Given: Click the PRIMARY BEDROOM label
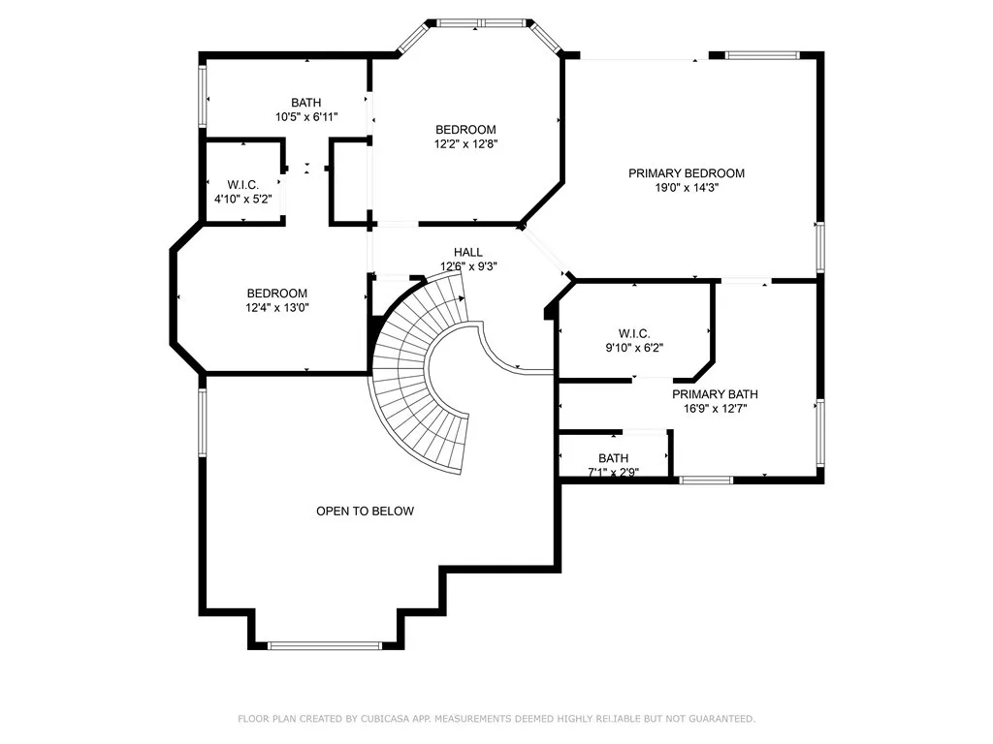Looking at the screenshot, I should (686, 173).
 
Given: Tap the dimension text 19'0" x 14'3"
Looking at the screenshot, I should (686, 188).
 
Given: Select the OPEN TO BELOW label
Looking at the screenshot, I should (365, 511).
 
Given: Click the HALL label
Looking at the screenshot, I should (468, 252).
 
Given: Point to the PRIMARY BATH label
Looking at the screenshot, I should (715, 394).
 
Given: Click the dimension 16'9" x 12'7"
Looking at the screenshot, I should (715, 409).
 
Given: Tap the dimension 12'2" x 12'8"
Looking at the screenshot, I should (465, 144).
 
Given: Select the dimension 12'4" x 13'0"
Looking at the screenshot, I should (276, 308).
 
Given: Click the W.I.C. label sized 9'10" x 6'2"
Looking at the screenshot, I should (633, 333).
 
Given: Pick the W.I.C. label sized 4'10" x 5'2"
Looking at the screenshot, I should (242, 184).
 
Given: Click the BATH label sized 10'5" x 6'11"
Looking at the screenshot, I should (305, 103).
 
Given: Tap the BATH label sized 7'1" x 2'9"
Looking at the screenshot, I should (613, 458).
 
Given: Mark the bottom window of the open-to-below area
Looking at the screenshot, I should (325, 644).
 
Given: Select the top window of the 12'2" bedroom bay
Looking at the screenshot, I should (481, 22).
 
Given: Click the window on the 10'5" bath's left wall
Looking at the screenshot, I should (203, 96).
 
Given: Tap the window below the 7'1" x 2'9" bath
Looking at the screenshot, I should (705, 480).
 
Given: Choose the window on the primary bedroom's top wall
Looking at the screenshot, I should (764, 55).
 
